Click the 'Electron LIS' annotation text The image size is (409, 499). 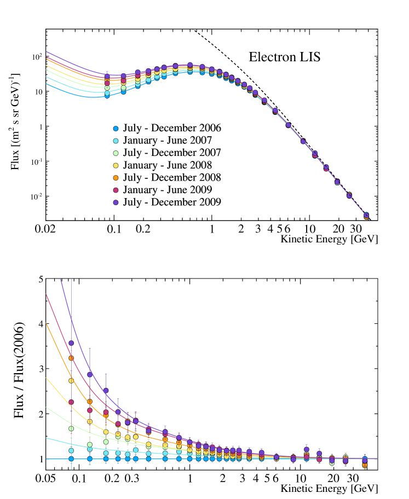pos(285,57)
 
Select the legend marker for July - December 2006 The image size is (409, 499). pos(115,129)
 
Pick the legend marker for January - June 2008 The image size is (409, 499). pos(115,165)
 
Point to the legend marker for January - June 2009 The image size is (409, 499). pos(115,190)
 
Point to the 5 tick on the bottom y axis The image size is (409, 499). pos(40,280)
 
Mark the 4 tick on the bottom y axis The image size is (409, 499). pos(40,324)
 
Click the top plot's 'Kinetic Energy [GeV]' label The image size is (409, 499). pos(329,239)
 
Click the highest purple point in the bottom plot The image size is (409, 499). pos(71,343)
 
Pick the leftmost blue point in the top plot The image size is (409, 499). pos(107,96)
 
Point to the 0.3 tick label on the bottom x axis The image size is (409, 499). pos(132,478)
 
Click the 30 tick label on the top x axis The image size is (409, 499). pos(355,229)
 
